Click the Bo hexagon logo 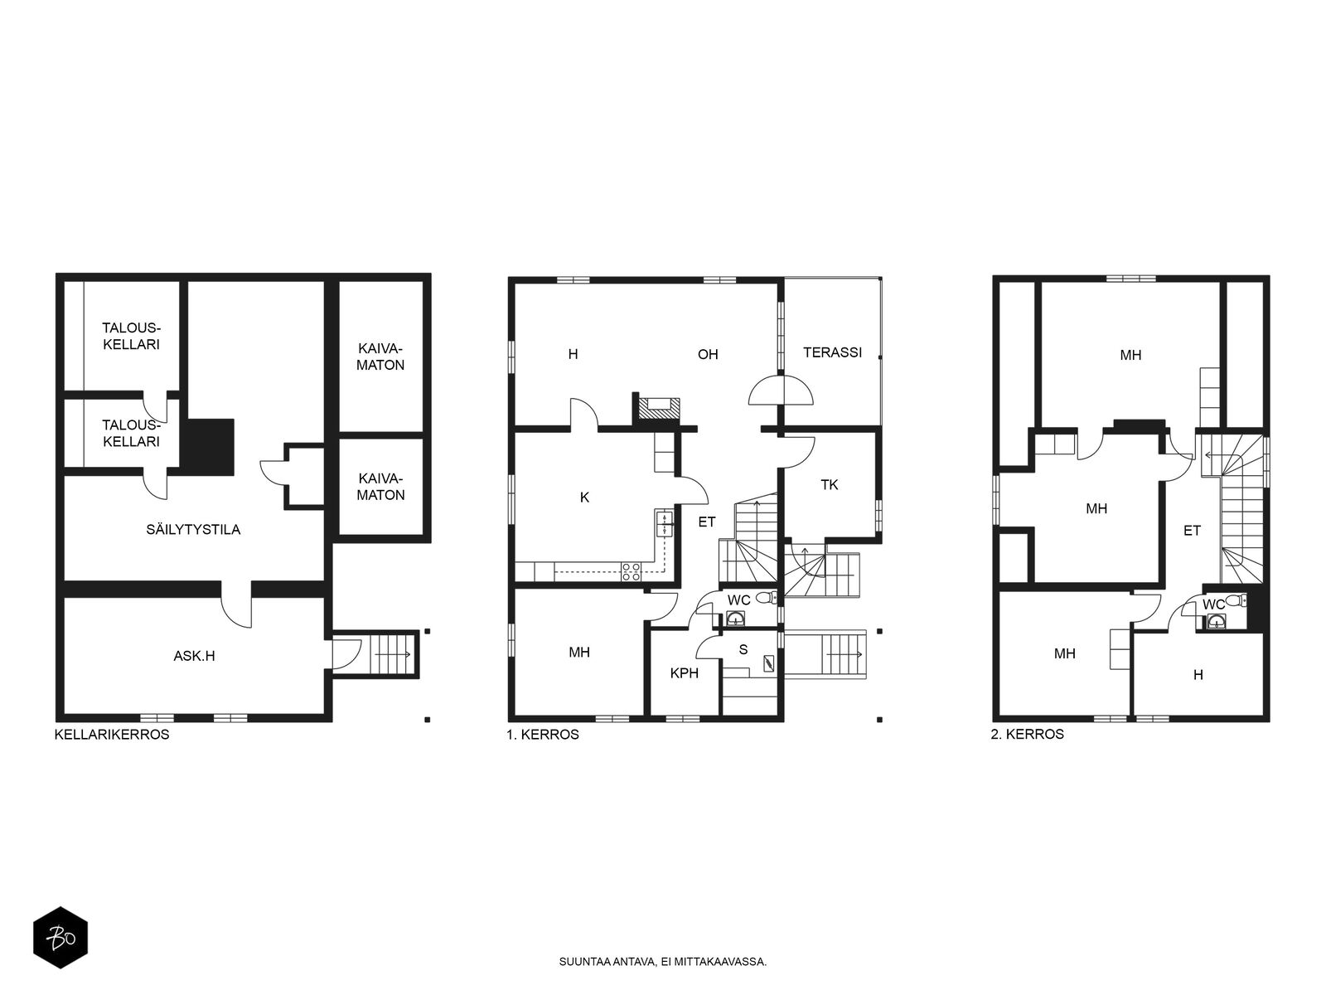[x=60, y=938]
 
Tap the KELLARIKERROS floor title [x=112, y=735]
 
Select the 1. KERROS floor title [x=543, y=735]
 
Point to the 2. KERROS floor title [x=1027, y=734]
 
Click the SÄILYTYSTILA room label [x=193, y=530]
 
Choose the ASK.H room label [x=194, y=656]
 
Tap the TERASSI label [x=832, y=352]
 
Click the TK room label [x=830, y=484]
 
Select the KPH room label [x=684, y=673]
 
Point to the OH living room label [x=708, y=354]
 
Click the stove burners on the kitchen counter [x=632, y=571]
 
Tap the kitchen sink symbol [x=665, y=523]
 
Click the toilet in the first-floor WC [x=766, y=598]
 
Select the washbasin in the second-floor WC [x=1216, y=621]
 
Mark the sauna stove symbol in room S [x=768, y=663]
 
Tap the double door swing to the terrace [x=782, y=390]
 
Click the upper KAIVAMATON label [x=380, y=357]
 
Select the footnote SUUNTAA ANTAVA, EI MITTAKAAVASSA [x=663, y=961]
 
